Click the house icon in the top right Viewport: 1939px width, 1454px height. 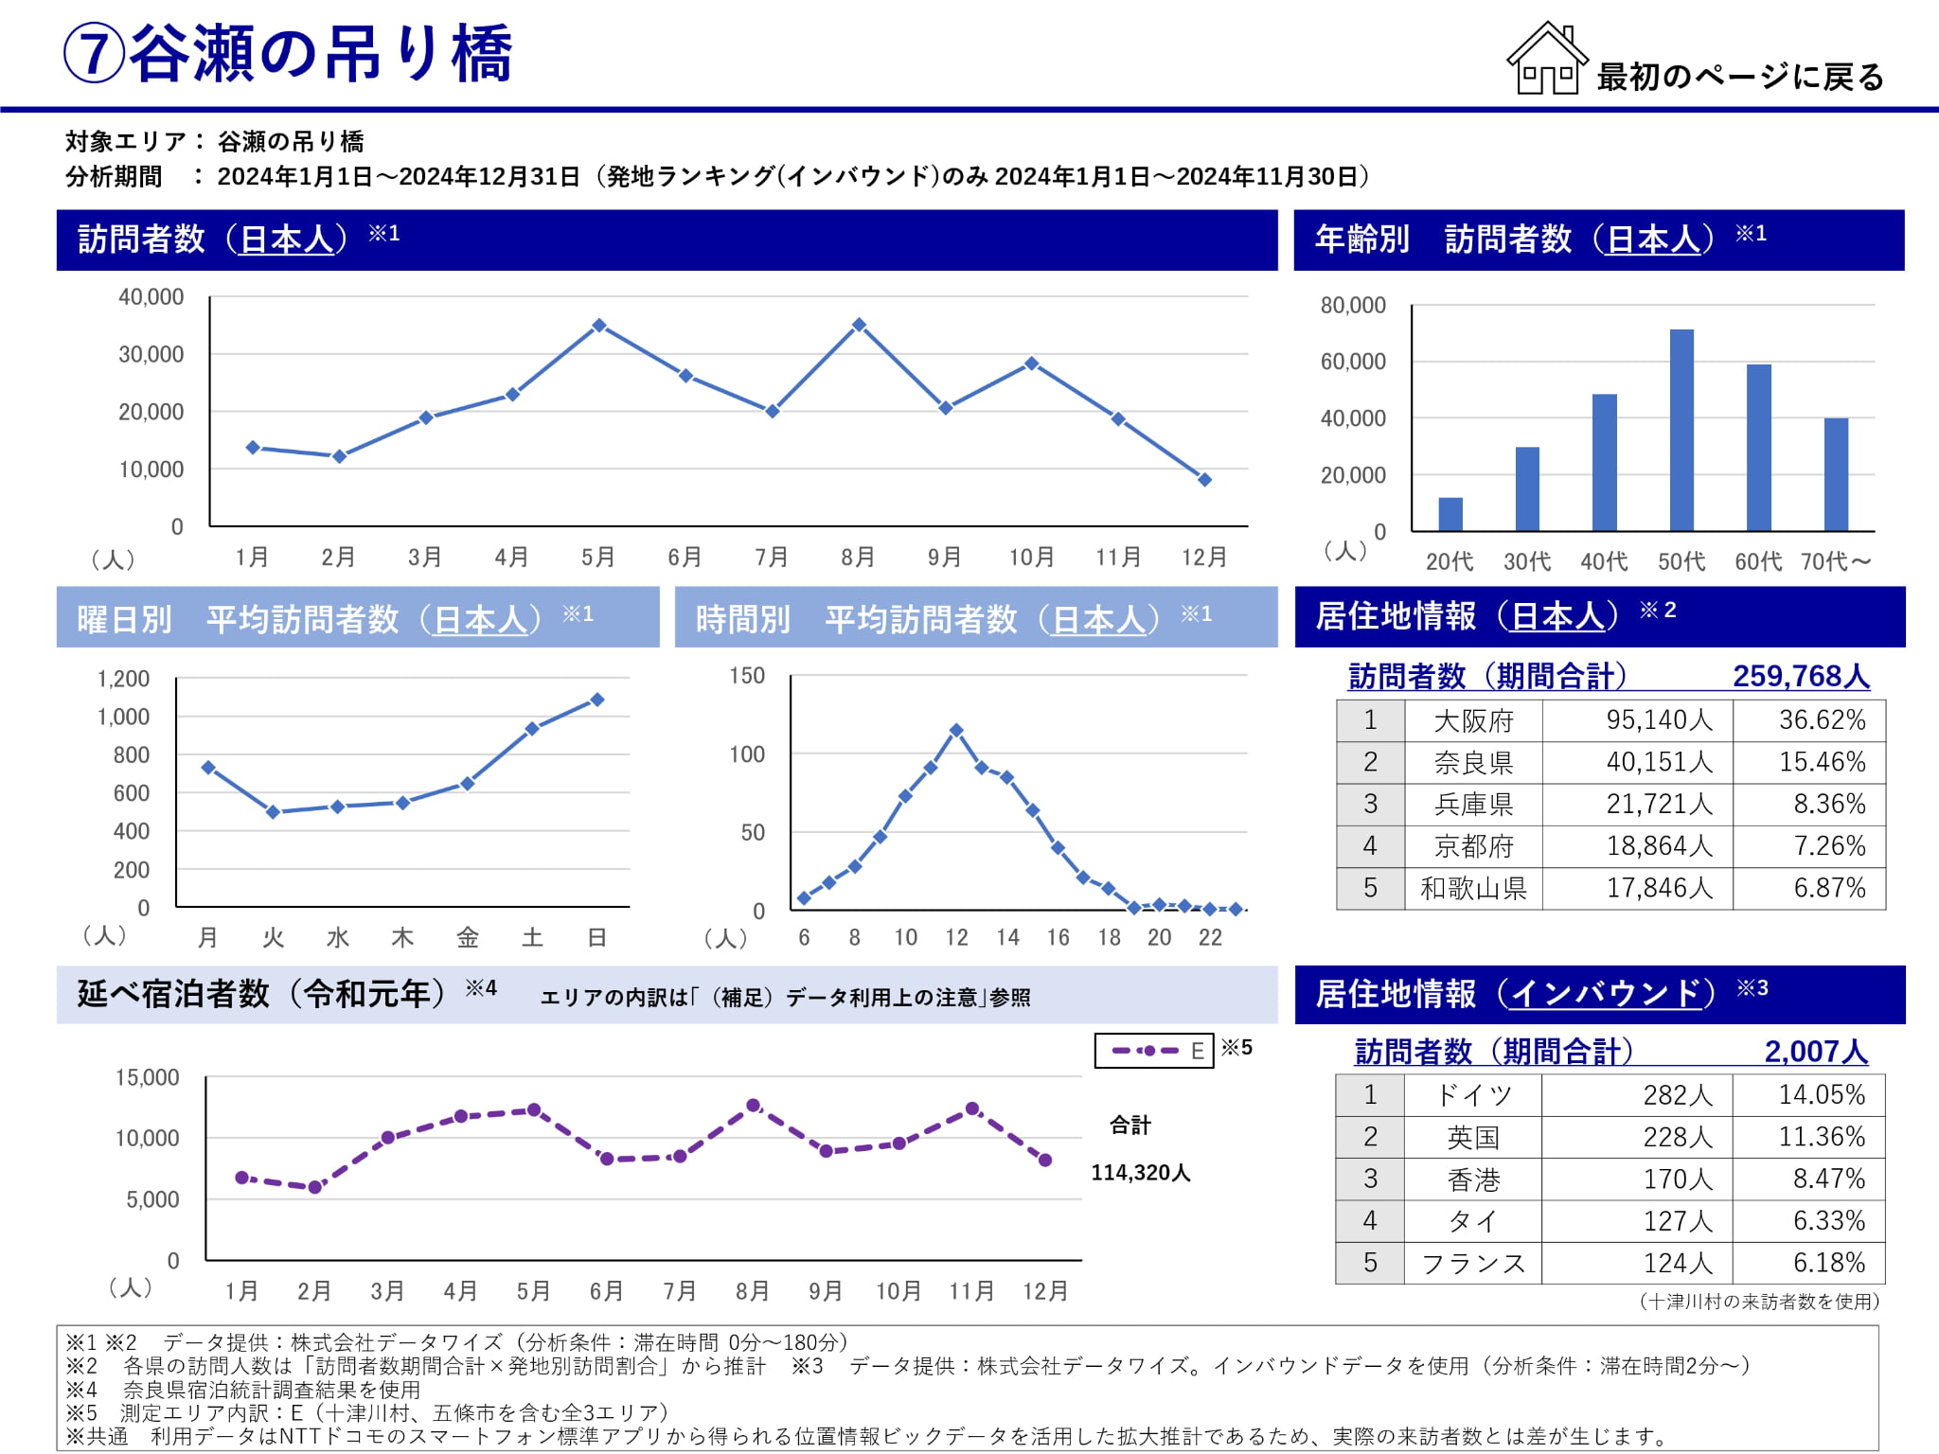[x=1546, y=59]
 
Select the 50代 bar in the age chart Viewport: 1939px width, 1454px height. [x=1681, y=431]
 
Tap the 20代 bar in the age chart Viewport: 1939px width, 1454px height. [x=1450, y=514]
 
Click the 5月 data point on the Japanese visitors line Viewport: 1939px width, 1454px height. [x=598, y=326]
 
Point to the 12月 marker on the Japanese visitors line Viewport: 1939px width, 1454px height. [x=1204, y=480]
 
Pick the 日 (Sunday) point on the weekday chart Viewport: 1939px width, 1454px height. [x=596, y=700]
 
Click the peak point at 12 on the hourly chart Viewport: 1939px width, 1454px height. [x=956, y=731]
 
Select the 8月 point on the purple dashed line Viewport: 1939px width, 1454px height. [x=753, y=1106]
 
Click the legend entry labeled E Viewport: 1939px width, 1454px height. [x=1153, y=1051]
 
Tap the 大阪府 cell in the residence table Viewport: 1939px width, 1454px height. [x=1473, y=721]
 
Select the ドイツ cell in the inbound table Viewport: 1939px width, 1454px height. [x=1473, y=1095]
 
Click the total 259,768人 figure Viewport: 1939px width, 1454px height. [x=1801, y=676]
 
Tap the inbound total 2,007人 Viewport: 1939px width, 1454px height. [x=1815, y=1052]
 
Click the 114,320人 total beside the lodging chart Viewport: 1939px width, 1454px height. [x=1140, y=1173]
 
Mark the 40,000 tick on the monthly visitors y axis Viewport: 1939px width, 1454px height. [x=151, y=297]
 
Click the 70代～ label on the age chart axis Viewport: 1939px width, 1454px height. [x=1835, y=562]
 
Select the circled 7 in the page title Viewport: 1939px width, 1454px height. [x=94, y=54]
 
